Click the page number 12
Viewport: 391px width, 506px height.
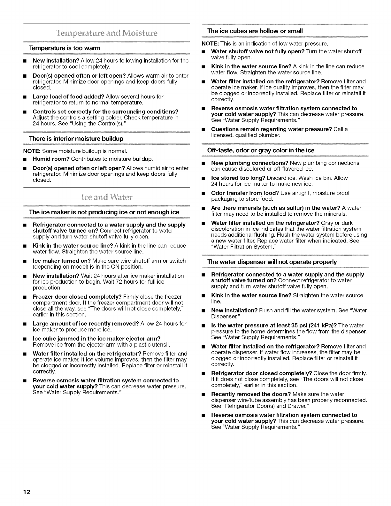[x=27, y=492]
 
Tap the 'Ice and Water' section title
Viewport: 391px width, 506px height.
[x=107, y=197]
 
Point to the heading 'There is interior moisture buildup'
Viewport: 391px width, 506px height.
[x=76, y=139]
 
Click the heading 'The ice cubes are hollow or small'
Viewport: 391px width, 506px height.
[x=255, y=31]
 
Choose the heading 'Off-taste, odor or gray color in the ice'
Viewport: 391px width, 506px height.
[x=261, y=150]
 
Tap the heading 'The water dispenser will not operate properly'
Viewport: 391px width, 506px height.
[x=272, y=262]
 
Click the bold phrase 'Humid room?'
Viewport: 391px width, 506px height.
[x=51, y=159]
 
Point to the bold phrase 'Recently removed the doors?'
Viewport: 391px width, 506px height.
[x=251, y=394]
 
